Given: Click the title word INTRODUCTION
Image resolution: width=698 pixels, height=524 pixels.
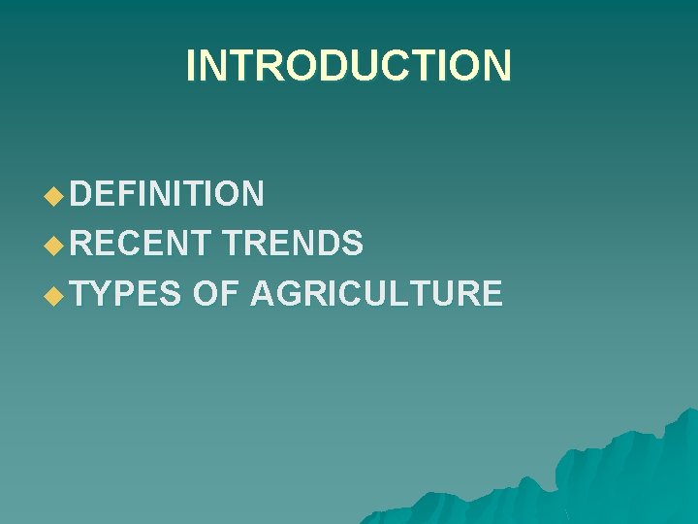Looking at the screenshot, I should click(348, 66).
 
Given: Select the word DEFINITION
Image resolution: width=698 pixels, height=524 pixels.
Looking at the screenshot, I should click(167, 194).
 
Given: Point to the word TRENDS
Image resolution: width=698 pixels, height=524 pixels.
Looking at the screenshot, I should click(292, 244).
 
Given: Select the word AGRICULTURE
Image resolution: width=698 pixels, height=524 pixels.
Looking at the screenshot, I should click(376, 292).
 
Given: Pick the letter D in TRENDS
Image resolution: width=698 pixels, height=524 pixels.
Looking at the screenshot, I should click(326, 244).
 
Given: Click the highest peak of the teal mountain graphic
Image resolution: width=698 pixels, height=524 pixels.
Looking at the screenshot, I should click(687, 411).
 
